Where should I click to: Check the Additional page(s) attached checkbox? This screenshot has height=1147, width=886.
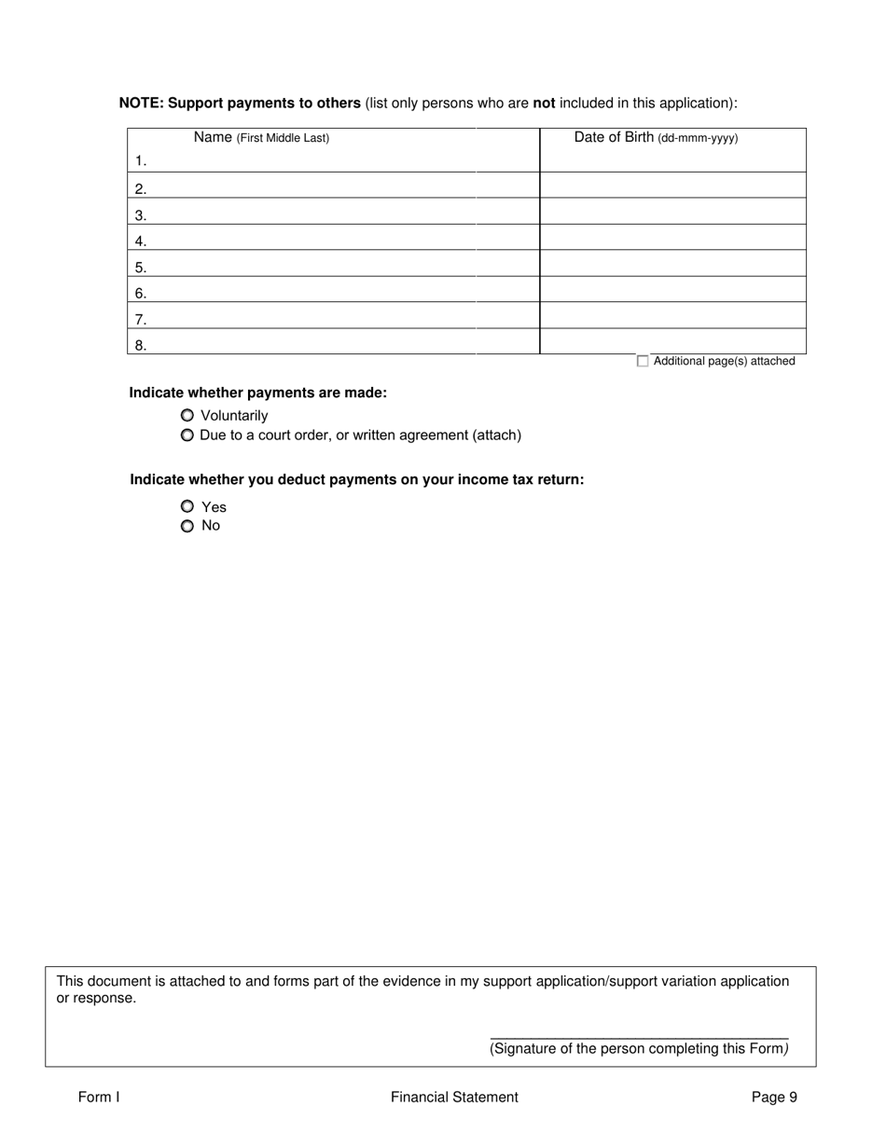tap(643, 362)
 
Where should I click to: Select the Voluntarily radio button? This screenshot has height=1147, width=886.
tap(187, 416)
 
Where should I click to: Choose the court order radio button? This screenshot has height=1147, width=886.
tap(187, 435)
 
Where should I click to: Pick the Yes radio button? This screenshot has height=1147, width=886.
tap(187, 506)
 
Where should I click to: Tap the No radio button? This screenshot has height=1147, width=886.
tap(187, 526)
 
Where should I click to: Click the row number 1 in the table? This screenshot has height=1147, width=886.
tap(141, 161)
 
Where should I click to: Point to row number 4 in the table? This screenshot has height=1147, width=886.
tap(141, 242)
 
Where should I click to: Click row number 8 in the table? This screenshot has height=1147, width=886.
tap(141, 346)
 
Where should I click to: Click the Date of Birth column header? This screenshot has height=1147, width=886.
tap(656, 138)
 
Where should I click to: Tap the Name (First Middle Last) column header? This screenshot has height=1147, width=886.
tap(261, 138)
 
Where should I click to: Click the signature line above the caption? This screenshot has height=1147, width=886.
tap(639, 1037)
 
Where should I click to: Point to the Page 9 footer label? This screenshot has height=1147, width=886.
tap(774, 1098)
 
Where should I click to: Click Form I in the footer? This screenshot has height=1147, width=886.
tap(99, 1098)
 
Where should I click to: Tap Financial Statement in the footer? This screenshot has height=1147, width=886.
tap(454, 1098)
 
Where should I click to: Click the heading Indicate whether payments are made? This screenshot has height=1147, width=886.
tap(257, 394)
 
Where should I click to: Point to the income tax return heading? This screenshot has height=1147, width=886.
tap(357, 480)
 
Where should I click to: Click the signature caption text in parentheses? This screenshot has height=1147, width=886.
tap(639, 1049)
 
